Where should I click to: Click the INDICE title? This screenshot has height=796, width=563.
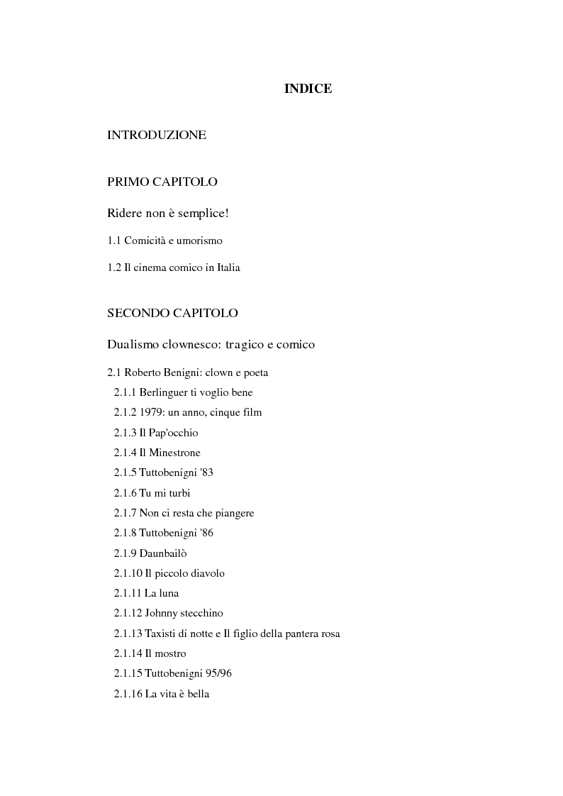308,89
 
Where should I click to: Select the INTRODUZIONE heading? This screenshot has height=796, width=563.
157,135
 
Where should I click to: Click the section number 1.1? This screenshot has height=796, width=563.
114,241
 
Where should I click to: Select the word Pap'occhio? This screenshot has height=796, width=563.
174,433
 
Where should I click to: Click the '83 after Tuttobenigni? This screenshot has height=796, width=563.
205,472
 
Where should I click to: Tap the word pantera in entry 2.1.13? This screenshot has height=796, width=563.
299,634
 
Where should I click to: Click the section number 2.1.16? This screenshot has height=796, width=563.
128,694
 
